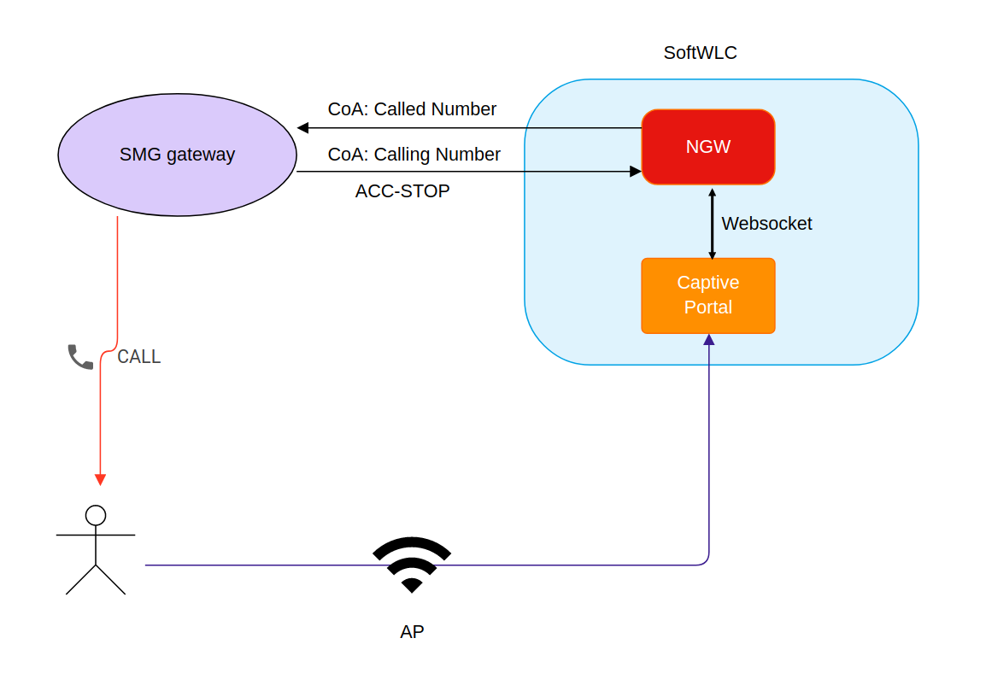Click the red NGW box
[x=708, y=147]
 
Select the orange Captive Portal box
[x=708, y=296]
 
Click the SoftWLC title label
[x=700, y=53]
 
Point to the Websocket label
[x=766, y=224]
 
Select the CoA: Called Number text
[x=412, y=109]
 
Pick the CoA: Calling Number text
[x=414, y=155]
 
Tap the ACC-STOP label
[x=402, y=191]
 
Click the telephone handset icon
[x=80, y=356]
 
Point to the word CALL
[x=138, y=357]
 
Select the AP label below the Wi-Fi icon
[x=412, y=632]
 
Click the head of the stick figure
[x=96, y=515]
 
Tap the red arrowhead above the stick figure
[x=100, y=479]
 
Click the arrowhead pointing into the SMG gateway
[x=302, y=128]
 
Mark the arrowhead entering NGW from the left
[x=636, y=172]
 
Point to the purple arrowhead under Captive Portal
[x=708, y=340]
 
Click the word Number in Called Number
[x=463, y=109]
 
